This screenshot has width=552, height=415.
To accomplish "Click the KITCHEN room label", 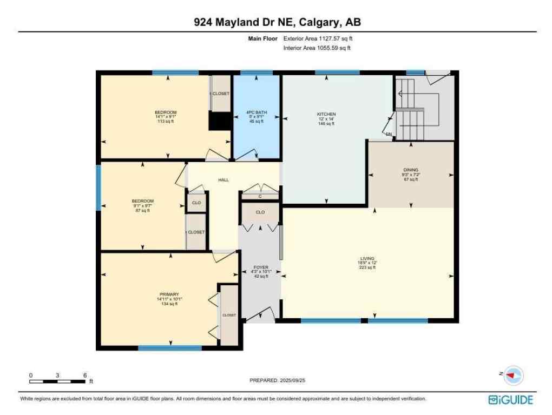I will [326, 115].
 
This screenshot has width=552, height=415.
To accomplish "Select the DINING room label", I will [411, 170].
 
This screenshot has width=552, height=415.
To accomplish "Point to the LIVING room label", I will [367, 259].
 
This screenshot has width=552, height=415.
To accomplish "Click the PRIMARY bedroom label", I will [169, 294].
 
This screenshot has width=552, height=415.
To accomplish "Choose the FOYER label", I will [261, 267].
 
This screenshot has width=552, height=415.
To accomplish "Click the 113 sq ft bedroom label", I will [166, 113].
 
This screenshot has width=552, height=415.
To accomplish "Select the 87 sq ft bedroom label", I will [143, 202].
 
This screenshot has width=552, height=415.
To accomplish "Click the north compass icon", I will [514, 375].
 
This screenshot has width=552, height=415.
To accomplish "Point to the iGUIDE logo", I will [510, 400].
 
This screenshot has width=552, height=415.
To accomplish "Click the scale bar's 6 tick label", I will [84, 375].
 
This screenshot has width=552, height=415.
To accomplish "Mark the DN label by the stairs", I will [389, 134].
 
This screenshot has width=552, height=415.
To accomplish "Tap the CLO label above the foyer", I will [260, 212].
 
